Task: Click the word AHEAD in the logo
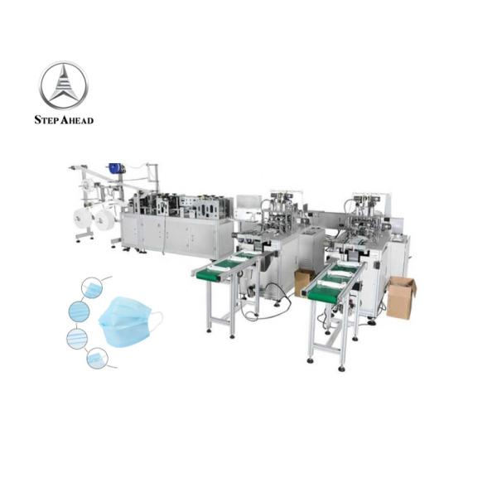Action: (75, 120)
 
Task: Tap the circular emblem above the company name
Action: (64, 85)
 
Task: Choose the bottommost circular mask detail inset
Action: (97, 359)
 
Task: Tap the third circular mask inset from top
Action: (77, 339)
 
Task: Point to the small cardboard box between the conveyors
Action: (303, 281)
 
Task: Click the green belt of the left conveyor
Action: (227, 264)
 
